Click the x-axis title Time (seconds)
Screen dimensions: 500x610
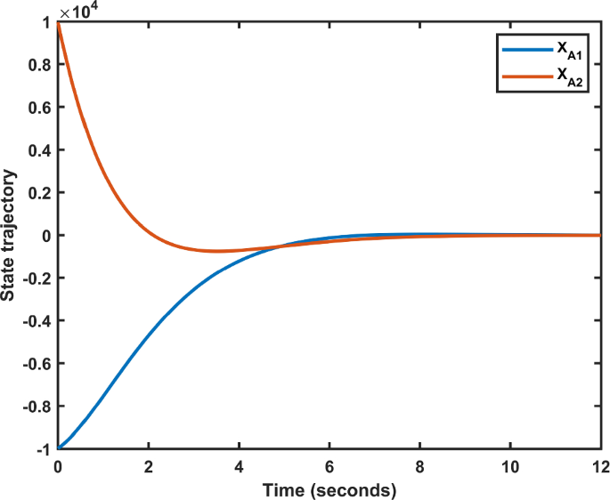(x=329, y=488)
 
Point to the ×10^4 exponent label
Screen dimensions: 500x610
(x=77, y=11)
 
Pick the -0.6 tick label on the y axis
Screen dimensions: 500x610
(x=36, y=364)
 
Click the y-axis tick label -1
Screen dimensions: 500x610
(x=42, y=449)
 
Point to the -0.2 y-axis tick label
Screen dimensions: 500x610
(x=36, y=278)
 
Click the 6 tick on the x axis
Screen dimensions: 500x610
(x=329, y=465)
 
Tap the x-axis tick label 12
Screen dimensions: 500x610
(x=599, y=465)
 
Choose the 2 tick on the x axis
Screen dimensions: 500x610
(x=148, y=465)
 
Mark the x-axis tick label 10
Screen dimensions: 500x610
(x=510, y=465)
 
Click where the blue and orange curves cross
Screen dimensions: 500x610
(x=281, y=246)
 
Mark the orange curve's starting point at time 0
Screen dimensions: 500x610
(x=58, y=22)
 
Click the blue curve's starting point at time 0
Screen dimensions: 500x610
(x=58, y=448)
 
